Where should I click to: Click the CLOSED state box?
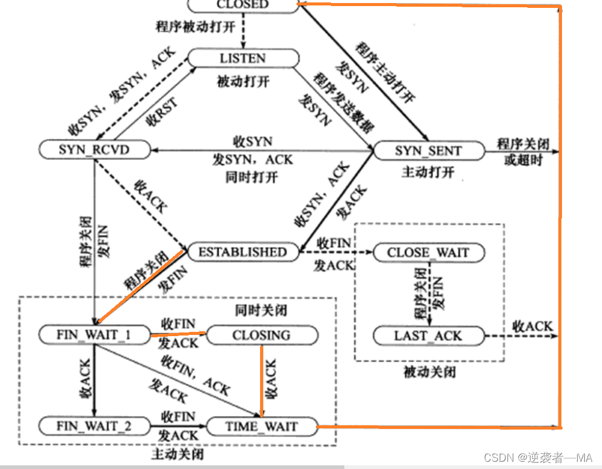point(242,5)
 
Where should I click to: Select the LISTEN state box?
point(242,58)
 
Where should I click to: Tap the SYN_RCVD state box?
point(94,149)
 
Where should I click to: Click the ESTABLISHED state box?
point(242,252)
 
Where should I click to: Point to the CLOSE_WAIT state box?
point(429,252)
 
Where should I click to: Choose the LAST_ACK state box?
point(429,336)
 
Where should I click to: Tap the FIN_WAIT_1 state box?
point(93,335)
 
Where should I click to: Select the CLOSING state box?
point(262,335)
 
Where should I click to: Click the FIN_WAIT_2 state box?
point(93,426)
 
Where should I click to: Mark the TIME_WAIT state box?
point(261,427)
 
